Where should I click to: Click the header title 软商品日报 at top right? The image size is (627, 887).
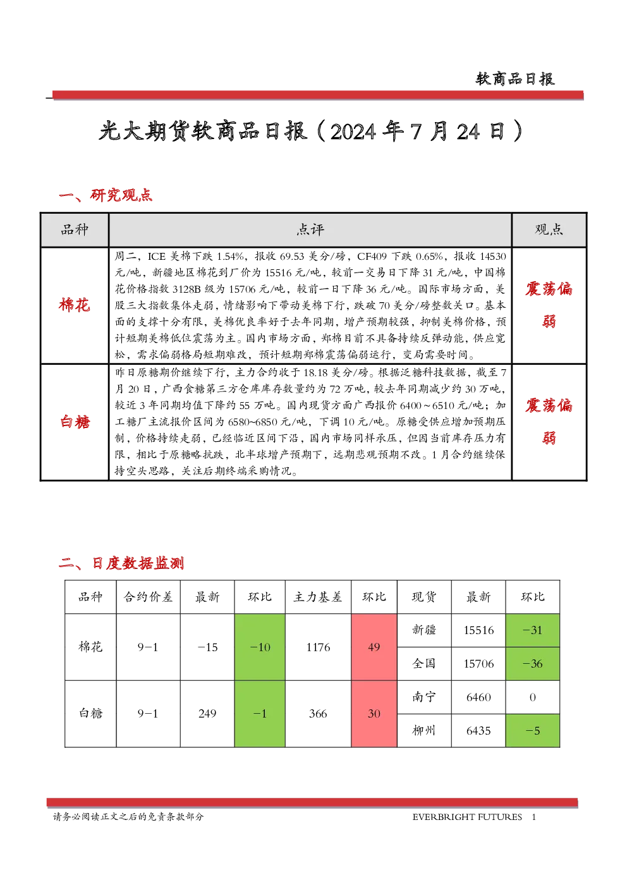pyautogui.click(x=515, y=79)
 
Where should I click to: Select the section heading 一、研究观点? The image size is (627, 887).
pyautogui.click(x=106, y=195)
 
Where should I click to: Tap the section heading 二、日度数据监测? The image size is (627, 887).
pyautogui.click(x=121, y=563)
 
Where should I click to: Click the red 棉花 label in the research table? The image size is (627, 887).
pyautogui.click(x=75, y=305)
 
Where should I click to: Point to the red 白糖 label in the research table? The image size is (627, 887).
pyautogui.click(x=75, y=422)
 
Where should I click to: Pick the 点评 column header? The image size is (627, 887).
pyautogui.click(x=310, y=229)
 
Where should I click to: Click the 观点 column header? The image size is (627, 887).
pyautogui.click(x=549, y=229)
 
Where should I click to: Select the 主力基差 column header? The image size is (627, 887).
pyautogui.click(x=318, y=597)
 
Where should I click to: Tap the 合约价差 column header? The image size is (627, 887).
pyautogui.click(x=148, y=597)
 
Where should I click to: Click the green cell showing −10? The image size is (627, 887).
pyautogui.click(x=260, y=647)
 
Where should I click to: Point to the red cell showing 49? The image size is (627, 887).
pyautogui.click(x=374, y=647)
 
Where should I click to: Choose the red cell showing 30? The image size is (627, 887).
pyautogui.click(x=374, y=714)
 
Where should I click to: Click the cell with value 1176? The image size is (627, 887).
pyautogui.click(x=318, y=647)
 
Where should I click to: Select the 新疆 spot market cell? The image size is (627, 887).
pyautogui.click(x=424, y=630)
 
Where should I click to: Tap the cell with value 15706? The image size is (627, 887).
pyautogui.click(x=478, y=664)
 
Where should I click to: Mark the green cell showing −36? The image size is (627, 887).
pyautogui.click(x=532, y=664)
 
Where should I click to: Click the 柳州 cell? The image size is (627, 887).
pyautogui.click(x=424, y=731)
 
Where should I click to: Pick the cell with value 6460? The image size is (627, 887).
pyautogui.click(x=478, y=697)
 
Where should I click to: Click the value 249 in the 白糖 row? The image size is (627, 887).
pyautogui.click(x=207, y=714)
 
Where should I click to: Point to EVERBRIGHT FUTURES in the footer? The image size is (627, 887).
pyautogui.click(x=467, y=817)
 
